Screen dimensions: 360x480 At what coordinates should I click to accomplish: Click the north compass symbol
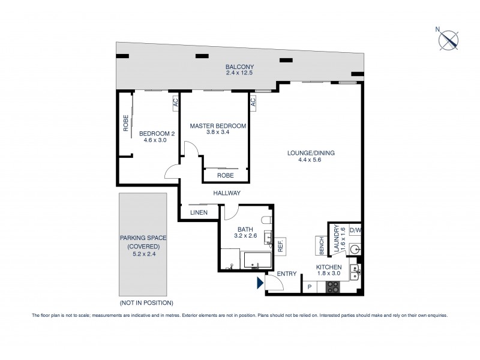(449, 40)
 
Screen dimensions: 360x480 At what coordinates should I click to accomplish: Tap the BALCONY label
(240, 67)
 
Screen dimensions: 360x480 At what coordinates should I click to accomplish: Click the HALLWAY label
(226, 193)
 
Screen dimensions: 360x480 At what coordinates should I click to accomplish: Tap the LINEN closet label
(199, 212)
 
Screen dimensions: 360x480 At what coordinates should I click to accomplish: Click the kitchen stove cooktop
(333, 287)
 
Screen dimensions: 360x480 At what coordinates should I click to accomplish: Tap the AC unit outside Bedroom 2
(175, 103)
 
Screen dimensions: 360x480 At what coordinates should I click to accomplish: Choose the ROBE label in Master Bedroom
(224, 175)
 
